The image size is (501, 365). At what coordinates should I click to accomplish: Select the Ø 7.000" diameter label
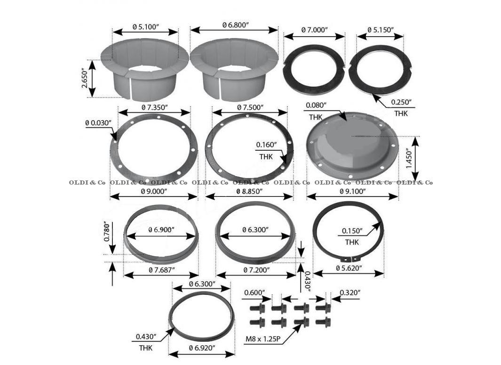pos(314,29)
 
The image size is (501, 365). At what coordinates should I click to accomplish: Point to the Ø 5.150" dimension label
pos(380,29)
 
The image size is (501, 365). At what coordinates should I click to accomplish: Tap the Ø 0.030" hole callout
pos(98,122)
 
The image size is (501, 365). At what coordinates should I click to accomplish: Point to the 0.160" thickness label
pos(267,145)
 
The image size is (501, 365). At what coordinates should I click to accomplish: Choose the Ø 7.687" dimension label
pos(161,270)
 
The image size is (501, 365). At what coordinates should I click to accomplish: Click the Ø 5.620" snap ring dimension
pos(349,268)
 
